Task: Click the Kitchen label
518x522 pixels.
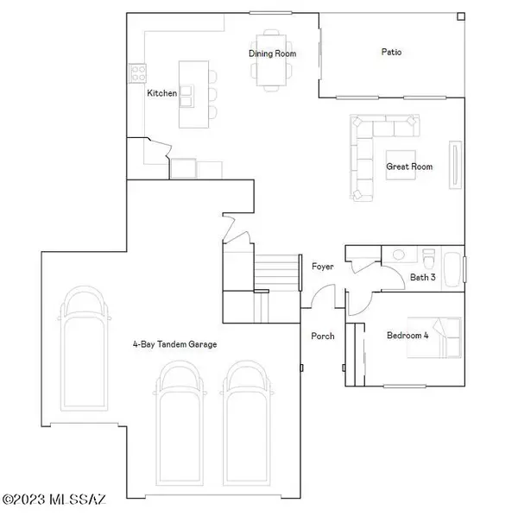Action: (162, 92)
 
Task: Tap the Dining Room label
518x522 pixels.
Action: (273, 53)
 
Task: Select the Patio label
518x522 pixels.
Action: (391, 52)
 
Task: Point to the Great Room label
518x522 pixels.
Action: (409, 167)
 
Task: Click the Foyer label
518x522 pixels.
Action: (322, 267)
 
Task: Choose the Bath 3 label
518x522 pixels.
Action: (423, 277)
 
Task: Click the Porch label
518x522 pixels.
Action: (322, 336)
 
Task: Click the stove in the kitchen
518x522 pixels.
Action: (136, 72)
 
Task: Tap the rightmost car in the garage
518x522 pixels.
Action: (249, 410)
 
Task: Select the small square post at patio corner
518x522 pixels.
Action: (460, 16)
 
